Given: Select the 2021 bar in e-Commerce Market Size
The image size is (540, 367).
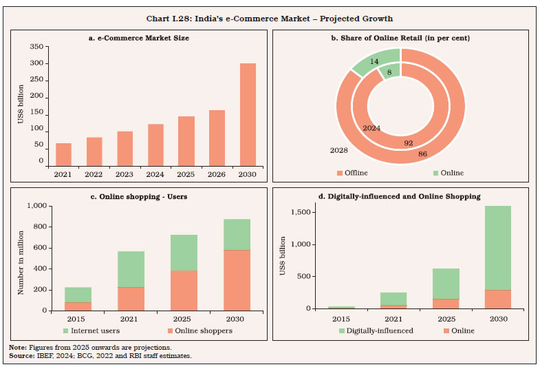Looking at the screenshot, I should click(x=63, y=154).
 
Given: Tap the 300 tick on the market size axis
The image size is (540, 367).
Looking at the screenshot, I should click(x=36, y=63).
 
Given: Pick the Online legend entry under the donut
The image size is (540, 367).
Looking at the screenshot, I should click(x=449, y=173).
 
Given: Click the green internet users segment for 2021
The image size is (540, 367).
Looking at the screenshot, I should click(x=131, y=269).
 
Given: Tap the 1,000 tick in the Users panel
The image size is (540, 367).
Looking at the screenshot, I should click(x=36, y=207).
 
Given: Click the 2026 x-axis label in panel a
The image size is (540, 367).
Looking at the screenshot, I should click(x=216, y=175).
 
